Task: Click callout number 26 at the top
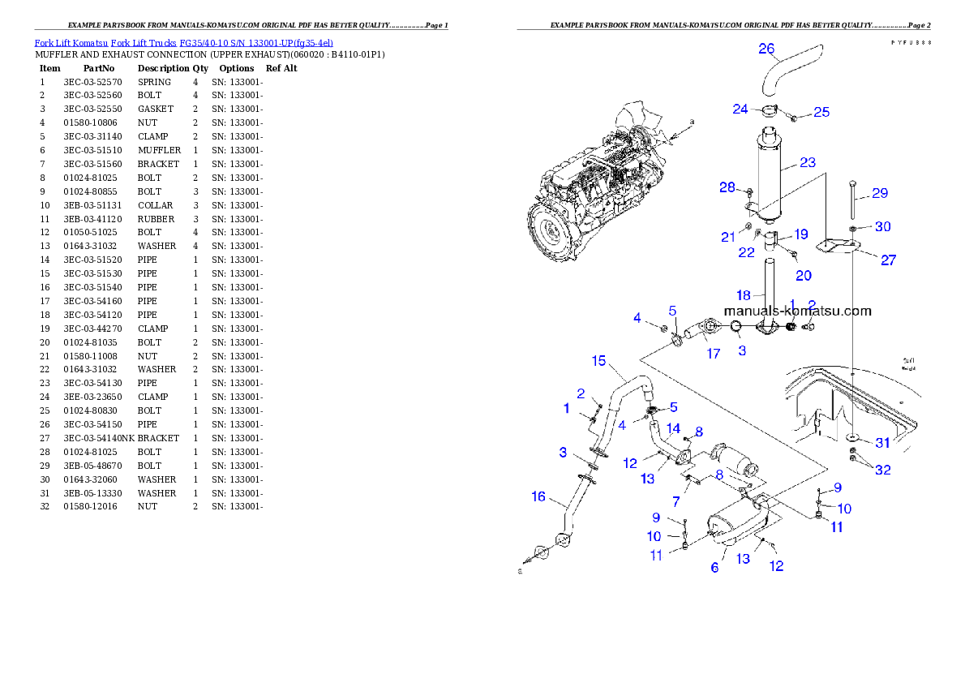766,49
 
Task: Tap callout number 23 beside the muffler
807,162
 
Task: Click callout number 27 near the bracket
889,260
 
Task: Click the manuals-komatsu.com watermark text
797,311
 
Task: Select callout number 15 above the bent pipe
598,360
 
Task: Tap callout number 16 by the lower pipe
538,496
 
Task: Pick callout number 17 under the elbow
713,354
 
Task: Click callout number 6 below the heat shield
714,568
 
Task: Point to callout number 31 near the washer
881,443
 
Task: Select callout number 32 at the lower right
881,469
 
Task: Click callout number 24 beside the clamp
740,109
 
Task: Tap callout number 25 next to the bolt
821,112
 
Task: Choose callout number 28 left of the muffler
727,187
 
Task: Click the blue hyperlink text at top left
183,42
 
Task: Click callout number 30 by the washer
882,227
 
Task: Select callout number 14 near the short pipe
673,427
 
